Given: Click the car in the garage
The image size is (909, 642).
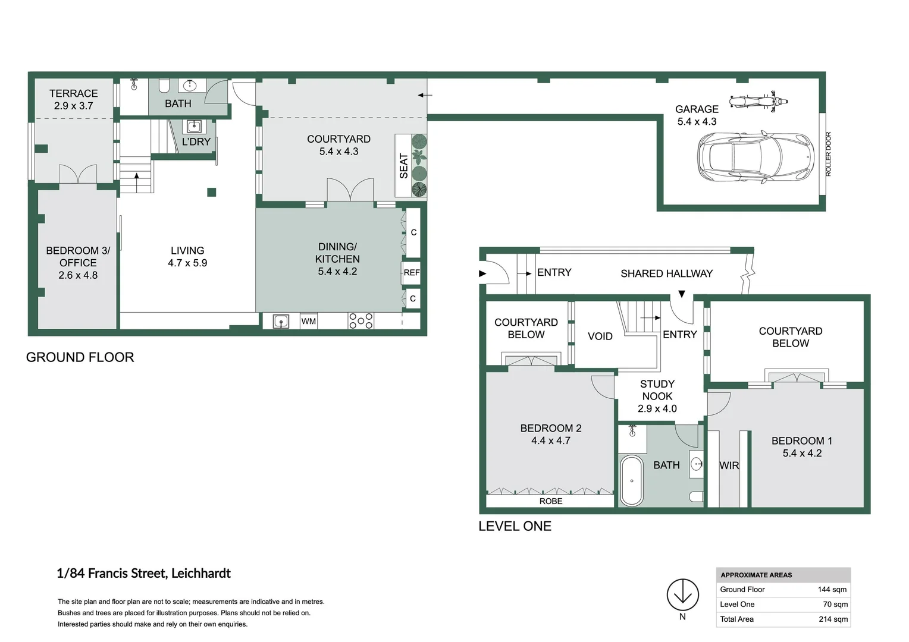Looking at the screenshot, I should click(x=755, y=157).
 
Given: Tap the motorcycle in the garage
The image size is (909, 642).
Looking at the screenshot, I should click(x=758, y=100).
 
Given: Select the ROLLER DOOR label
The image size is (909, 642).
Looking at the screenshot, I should click(x=828, y=154).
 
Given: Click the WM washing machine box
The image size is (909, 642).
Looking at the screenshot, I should click(x=308, y=322).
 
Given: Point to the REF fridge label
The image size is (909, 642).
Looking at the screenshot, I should click(x=412, y=273).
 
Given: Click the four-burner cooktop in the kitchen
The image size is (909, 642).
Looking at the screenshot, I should click(x=361, y=321).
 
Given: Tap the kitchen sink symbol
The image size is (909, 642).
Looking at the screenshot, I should click(x=281, y=322).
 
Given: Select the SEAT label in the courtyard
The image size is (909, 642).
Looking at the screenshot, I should click(x=404, y=166).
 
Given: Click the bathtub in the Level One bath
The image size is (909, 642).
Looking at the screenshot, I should click(x=632, y=480).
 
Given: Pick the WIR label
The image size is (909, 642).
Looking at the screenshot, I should click(x=729, y=465).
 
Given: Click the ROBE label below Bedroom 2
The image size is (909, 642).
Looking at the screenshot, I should click(x=551, y=501).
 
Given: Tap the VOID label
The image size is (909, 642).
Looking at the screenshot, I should click(x=600, y=336).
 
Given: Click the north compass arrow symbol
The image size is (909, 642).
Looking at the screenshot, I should click(x=682, y=594).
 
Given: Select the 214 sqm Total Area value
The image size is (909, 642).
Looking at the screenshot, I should click(x=833, y=619).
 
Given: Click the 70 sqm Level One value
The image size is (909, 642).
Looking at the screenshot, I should click(x=835, y=604).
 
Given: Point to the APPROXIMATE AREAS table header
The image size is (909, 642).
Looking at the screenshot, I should click(x=756, y=575).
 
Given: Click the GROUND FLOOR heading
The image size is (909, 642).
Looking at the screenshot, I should click(x=80, y=357).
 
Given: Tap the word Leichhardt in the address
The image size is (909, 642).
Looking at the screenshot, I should click(x=200, y=573).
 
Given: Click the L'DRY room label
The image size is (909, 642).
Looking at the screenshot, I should click(x=196, y=142).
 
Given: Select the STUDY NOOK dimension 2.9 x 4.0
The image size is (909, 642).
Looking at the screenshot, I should click(x=657, y=408).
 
